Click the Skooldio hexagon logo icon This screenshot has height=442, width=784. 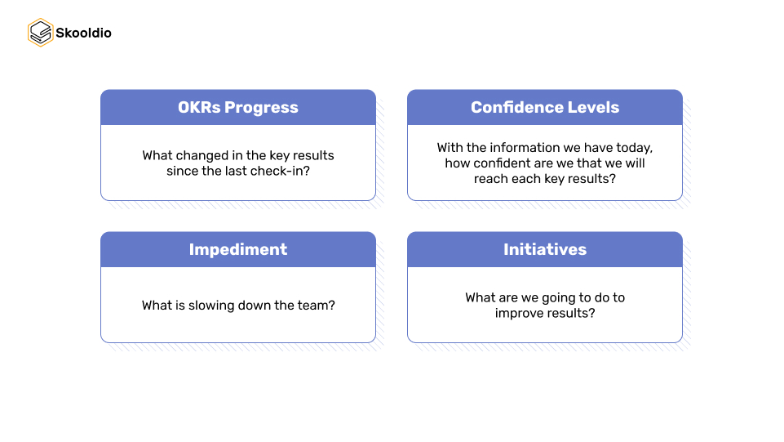coord(40,33)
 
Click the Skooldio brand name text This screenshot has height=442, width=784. coord(83,33)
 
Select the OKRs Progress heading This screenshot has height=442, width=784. coord(238,108)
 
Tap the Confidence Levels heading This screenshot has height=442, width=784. coord(545,108)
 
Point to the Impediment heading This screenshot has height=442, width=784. coord(238,250)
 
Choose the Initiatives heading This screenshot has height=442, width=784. coord(545,250)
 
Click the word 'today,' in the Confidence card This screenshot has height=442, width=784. coord(635,148)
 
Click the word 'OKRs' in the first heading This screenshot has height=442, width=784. coord(199,108)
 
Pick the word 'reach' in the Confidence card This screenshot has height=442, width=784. coord(491,179)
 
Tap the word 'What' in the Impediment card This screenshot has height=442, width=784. coord(157,306)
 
